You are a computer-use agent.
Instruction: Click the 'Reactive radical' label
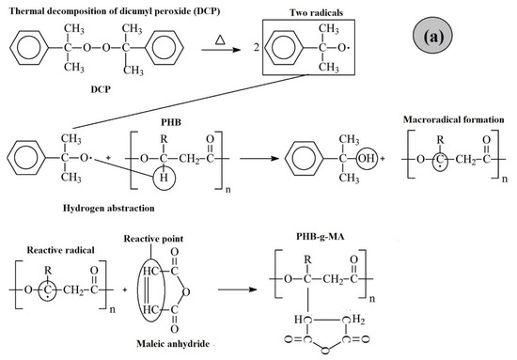[60, 242]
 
